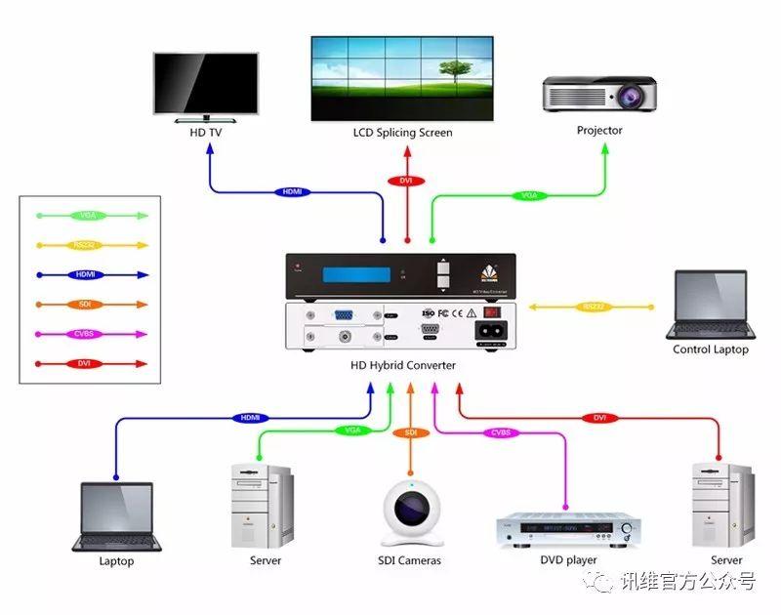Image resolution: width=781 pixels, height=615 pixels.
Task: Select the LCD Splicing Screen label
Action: pyautogui.click(x=402, y=133)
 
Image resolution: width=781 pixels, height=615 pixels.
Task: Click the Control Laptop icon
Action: pyautogui.click(x=710, y=305)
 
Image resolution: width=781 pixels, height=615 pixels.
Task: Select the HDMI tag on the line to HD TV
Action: pyautogui.click(x=291, y=191)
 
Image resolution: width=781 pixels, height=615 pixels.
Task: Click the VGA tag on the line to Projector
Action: pyautogui.click(x=528, y=196)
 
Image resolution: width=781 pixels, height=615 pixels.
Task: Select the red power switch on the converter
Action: pyautogui.click(x=492, y=313)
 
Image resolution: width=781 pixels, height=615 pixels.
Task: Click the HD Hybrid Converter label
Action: pyautogui.click(x=402, y=366)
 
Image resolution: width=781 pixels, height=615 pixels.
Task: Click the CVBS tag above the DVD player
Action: pyautogui.click(x=500, y=432)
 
